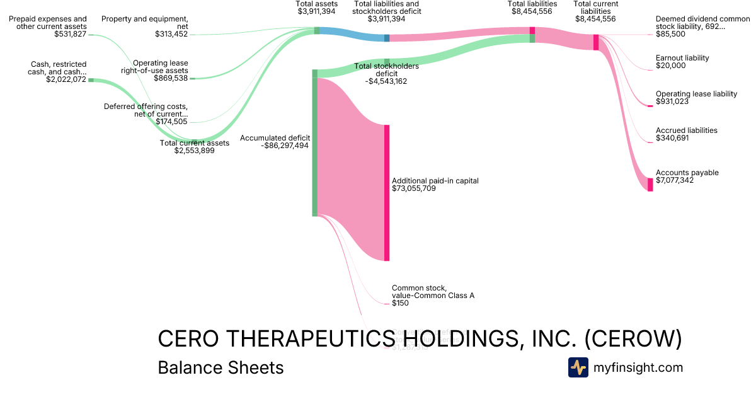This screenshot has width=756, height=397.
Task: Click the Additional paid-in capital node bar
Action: click(387, 193)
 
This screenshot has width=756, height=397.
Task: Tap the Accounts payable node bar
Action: click(650, 185)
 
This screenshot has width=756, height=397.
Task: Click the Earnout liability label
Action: click(682, 58)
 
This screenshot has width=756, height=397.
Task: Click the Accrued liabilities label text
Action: click(686, 130)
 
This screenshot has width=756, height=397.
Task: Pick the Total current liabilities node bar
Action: click(596, 42)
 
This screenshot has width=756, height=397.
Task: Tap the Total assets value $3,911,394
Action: click(317, 11)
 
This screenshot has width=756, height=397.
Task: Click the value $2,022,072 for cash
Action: click(66, 79)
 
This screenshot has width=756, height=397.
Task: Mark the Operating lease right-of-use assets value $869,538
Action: click(171, 79)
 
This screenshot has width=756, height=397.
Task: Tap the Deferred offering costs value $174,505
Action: click(171, 122)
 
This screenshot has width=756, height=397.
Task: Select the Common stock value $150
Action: click(400, 303)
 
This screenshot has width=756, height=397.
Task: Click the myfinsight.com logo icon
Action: click(578, 367)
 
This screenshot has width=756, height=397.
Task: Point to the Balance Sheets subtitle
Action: click(220, 367)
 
